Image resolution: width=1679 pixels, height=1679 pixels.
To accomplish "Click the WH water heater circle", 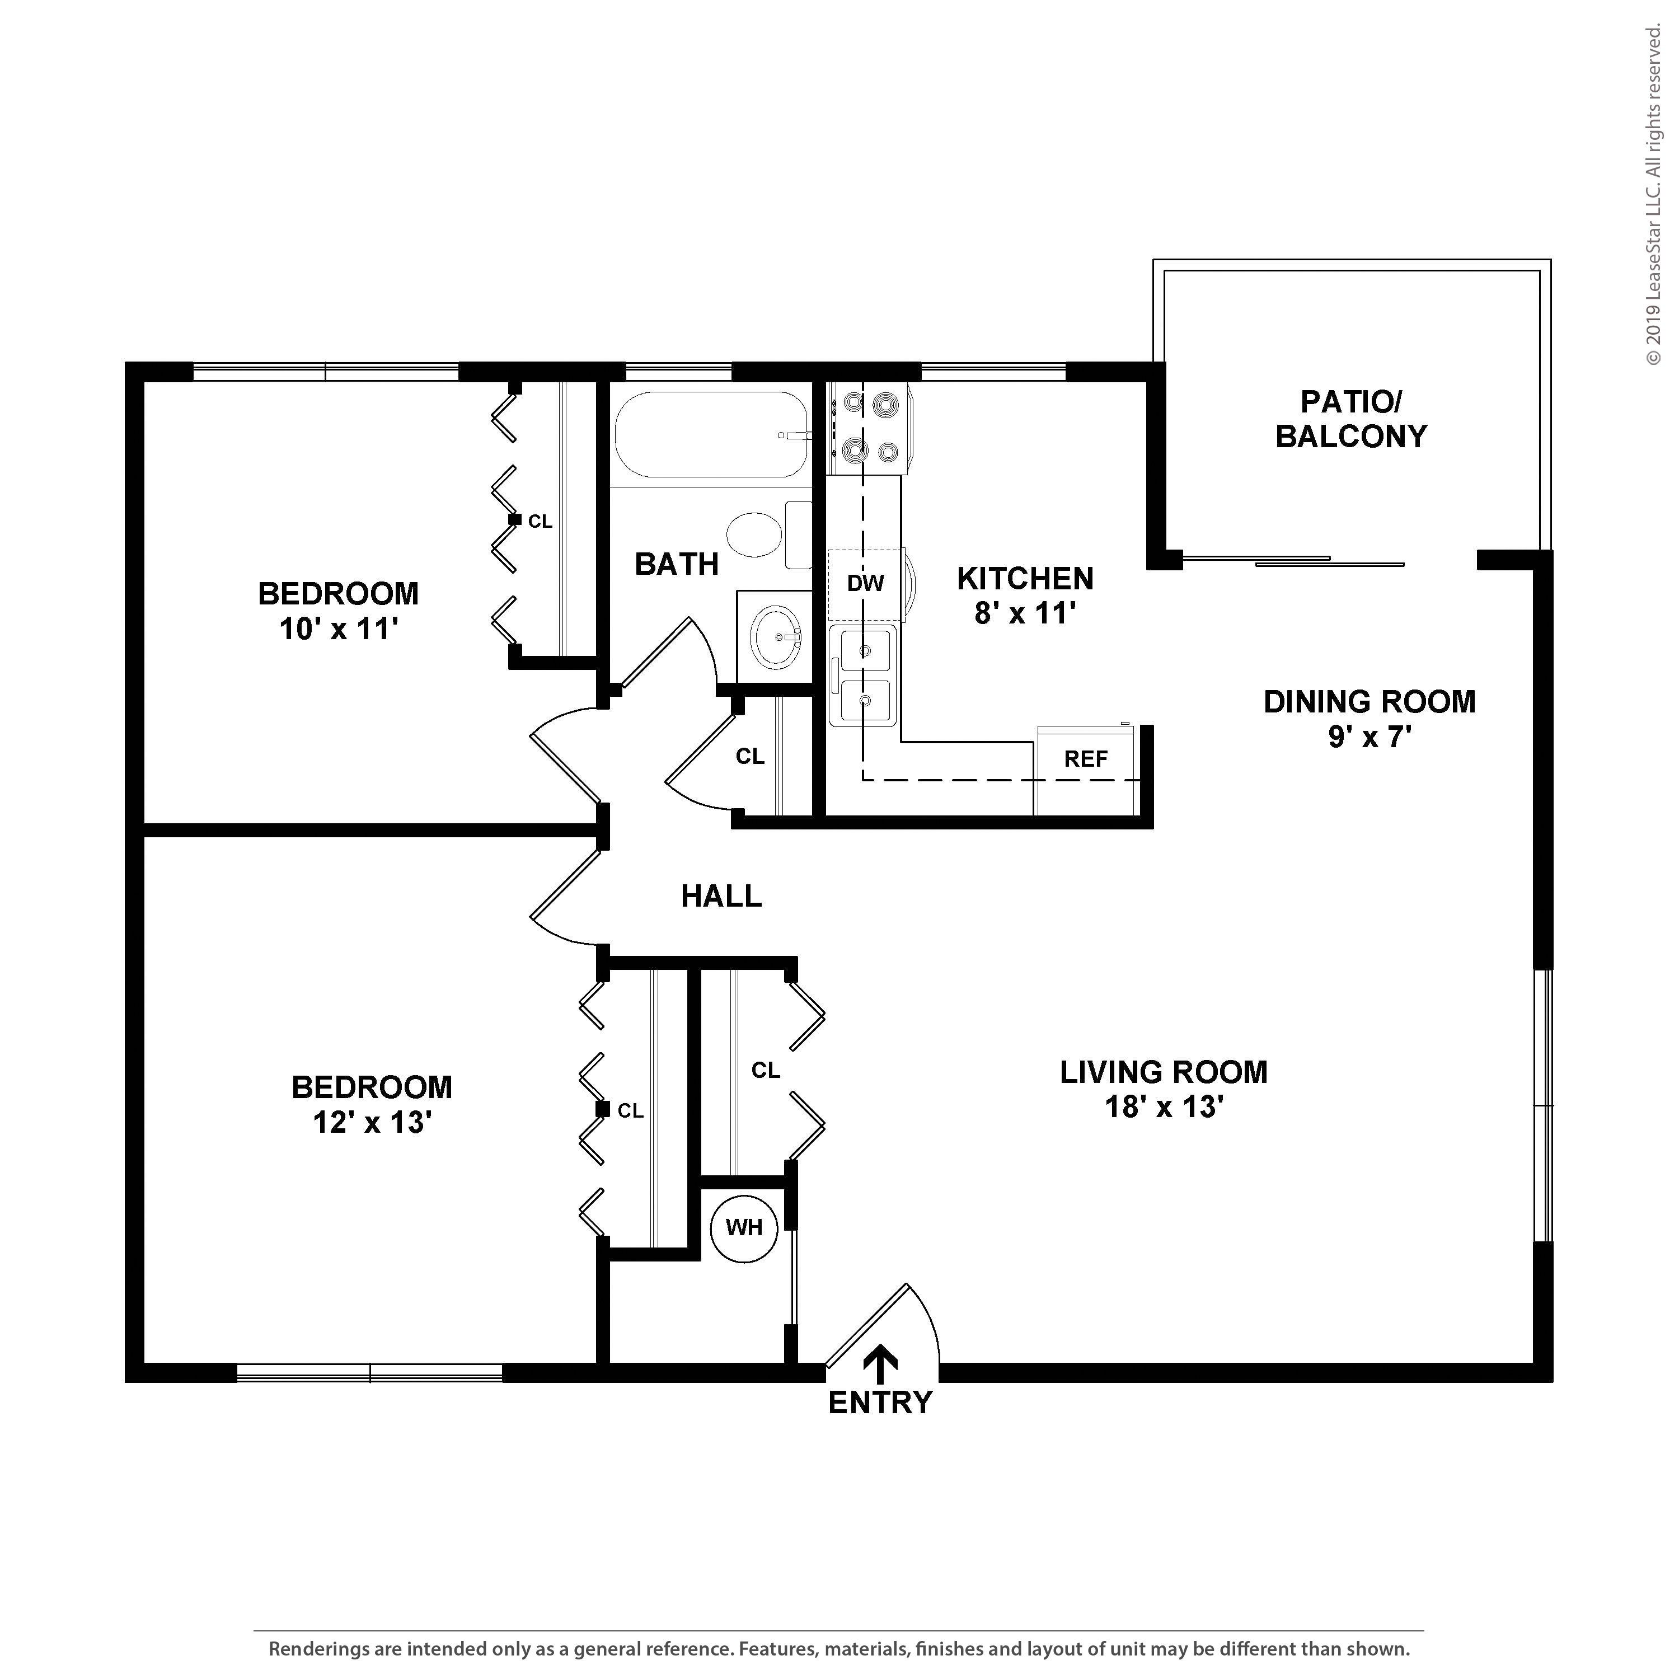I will click(744, 1228).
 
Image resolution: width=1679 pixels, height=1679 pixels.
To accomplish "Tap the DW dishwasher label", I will click(866, 583).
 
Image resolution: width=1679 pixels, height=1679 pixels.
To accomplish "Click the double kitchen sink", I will click(864, 676).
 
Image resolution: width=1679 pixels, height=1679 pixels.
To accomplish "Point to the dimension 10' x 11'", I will click(338, 629).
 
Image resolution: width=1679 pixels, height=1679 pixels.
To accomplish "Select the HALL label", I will click(721, 896).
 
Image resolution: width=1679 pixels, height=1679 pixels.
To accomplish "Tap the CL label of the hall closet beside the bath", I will click(750, 756).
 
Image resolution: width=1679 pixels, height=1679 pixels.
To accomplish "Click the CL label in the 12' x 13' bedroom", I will click(630, 1110).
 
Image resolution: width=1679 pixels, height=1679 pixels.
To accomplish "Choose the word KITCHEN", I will click(1025, 578).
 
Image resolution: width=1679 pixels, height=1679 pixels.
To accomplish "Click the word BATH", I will click(677, 564).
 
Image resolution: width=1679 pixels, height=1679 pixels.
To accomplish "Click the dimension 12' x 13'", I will click(373, 1123).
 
